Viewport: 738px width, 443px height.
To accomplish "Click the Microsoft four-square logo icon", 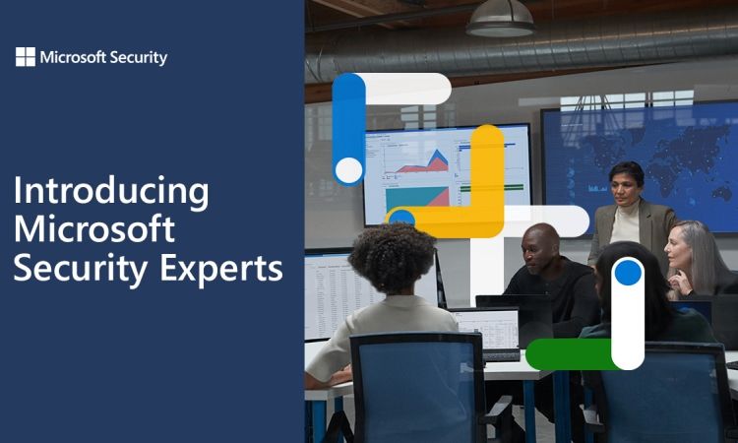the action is [x=26, y=57].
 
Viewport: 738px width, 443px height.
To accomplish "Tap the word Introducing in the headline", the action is [x=111, y=192].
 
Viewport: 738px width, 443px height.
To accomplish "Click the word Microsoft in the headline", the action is [x=94, y=228].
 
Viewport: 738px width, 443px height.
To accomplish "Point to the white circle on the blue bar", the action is [x=348, y=170].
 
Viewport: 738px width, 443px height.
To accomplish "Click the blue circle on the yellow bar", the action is [x=401, y=218].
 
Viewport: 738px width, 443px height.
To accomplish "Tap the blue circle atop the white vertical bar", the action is [x=628, y=273].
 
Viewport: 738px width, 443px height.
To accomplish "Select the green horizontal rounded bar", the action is [x=570, y=354].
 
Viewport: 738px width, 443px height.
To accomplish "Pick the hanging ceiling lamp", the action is [x=500, y=20].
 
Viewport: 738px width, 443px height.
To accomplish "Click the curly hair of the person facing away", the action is [x=392, y=258].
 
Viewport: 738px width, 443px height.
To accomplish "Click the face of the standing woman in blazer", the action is [x=625, y=185].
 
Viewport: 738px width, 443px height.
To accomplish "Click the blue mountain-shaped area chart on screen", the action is [x=437, y=158].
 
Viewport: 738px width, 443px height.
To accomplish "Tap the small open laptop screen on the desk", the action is [x=488, y=328].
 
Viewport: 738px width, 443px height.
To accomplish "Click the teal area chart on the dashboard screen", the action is [x=414, y=198].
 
